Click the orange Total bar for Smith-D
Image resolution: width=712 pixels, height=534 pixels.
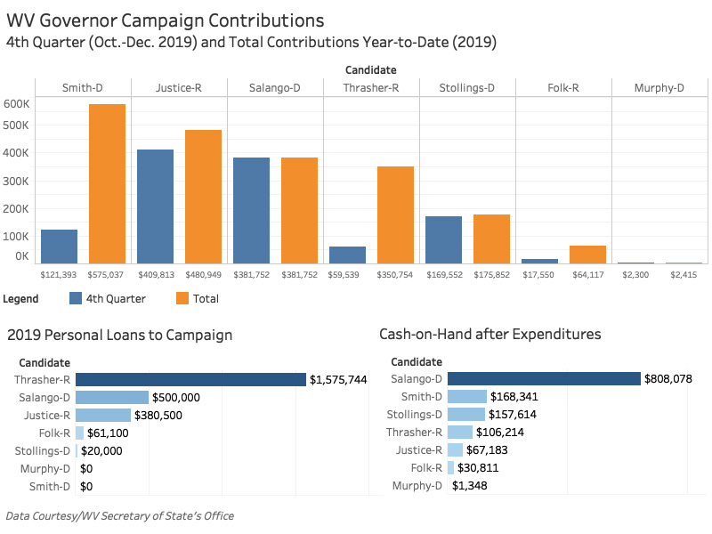pos(107,183)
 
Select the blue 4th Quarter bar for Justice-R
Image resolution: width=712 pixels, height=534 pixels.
pos(155,206)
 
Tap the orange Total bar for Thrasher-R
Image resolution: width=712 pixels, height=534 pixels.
pos(395,214)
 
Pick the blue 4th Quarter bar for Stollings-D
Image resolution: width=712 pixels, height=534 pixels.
pos(443,239)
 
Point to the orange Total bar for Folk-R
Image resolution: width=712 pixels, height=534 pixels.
pos(587,255)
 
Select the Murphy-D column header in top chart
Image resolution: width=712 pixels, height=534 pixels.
pos(659,87)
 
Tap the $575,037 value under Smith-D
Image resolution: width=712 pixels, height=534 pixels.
pos(107,276)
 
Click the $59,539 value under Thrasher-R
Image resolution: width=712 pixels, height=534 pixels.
pos(347,276)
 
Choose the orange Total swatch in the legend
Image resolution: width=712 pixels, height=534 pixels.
pos(183,298)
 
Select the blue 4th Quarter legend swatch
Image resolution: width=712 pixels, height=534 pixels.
pos(76,298)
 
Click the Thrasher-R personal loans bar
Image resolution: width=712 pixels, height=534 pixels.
pos(190,380)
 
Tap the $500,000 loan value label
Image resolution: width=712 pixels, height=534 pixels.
pos(176,397)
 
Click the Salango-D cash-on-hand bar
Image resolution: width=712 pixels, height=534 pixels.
pos(544,379)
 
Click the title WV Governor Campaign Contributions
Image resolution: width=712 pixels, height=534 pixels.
pos(165,20)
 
